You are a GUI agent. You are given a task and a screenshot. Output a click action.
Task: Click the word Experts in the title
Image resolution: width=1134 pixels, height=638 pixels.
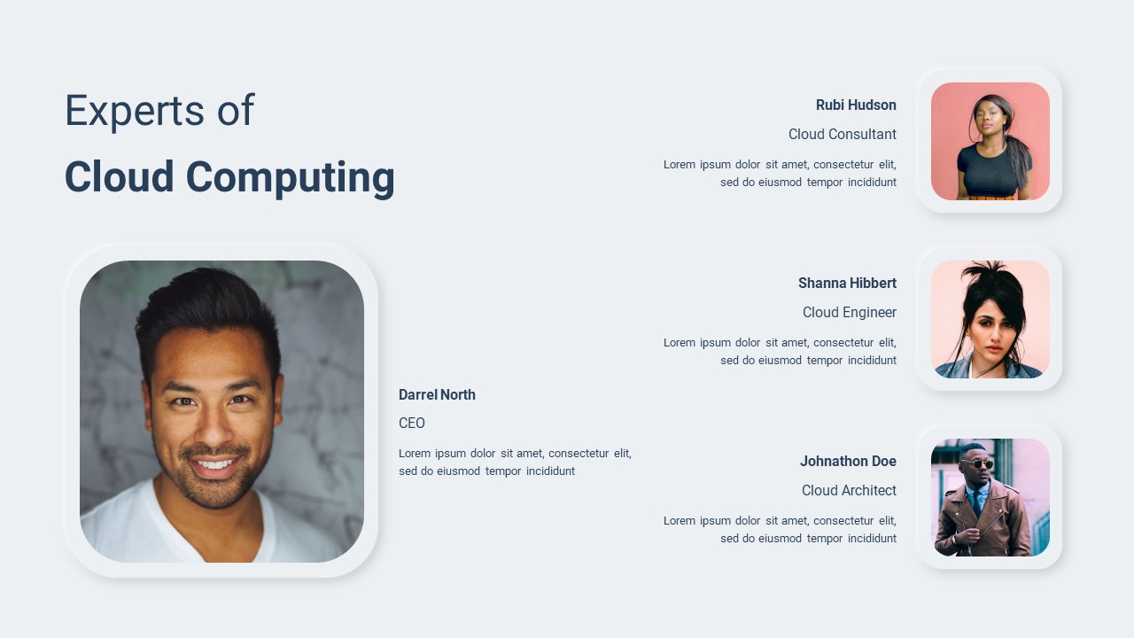pos(135,111)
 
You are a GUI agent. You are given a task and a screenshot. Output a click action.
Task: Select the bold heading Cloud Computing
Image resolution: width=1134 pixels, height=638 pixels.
pos(229,178)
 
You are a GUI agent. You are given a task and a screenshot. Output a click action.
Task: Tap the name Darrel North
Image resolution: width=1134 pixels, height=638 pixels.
pos(437,394)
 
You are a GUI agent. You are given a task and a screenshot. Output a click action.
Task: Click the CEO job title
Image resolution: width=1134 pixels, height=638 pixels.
pos(412,423)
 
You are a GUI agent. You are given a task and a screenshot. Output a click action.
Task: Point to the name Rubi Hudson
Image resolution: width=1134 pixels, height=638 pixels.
pos(856,105)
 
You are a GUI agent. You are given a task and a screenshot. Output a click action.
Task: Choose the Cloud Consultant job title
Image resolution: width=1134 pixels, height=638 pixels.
pos(843,134)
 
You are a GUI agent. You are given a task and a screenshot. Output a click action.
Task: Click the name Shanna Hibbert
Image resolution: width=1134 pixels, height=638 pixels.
pos(848,283)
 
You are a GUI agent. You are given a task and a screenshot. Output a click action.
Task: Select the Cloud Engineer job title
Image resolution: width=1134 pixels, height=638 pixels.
pos(850,313)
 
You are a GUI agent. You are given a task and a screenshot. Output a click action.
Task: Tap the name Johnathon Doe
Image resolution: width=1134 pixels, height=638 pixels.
pos(848,462)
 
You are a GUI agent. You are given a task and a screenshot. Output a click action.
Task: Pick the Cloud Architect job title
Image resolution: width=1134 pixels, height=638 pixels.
pos(849,490)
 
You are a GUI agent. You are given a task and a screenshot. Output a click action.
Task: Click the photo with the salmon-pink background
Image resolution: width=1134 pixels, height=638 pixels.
pos(990,141)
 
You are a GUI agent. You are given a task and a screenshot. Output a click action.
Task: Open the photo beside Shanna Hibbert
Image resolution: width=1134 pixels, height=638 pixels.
pos(990,320)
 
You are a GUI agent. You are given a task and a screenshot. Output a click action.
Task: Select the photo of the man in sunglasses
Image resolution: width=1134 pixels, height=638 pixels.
pos(990,498)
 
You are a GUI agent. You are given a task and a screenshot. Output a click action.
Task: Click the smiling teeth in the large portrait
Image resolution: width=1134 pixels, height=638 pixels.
pos(215,463)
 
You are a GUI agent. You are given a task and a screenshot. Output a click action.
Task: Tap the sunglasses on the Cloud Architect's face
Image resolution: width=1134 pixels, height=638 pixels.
pos(977,463)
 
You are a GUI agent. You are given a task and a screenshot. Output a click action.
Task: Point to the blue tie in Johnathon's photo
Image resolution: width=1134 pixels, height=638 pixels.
pos(976,502)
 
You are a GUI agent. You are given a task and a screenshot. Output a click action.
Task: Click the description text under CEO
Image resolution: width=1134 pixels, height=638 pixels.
pos(515,462)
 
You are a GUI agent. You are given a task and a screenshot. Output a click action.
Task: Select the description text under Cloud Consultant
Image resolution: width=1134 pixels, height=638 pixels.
pos(780,173)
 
